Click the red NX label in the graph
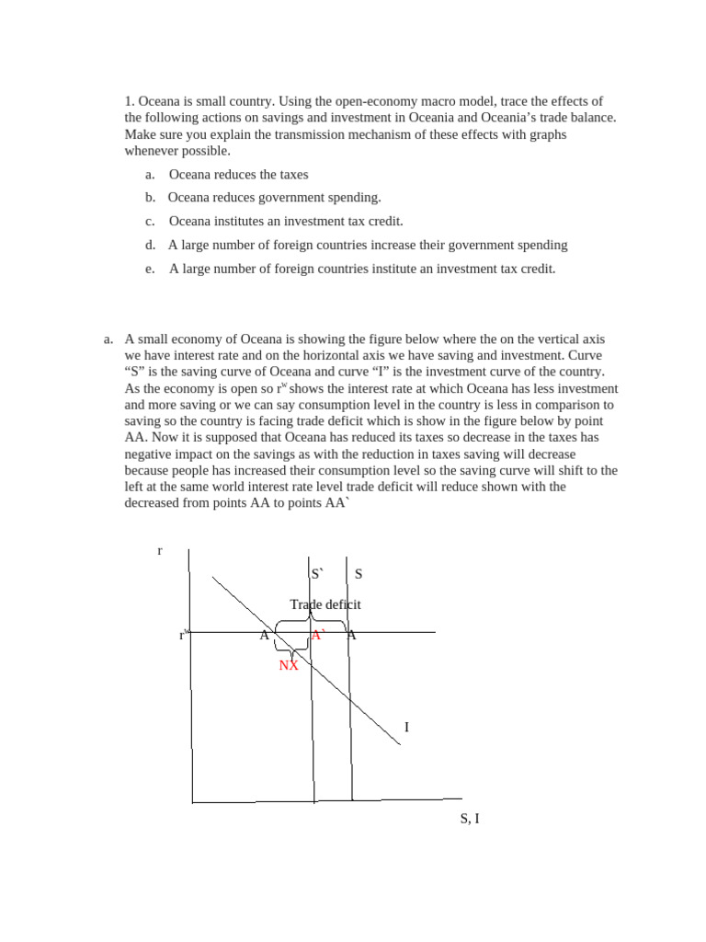click(289, 665)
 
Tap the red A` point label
click(318, 635)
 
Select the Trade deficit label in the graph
click(325, 604)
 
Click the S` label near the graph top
click(318, 574)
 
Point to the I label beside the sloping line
click(406, 728)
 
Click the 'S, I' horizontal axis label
click(470, 818)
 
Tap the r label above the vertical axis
click(160, 550)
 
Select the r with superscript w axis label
click(183, 635)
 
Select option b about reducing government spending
click(274, 198)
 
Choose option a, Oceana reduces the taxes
click(238, 174)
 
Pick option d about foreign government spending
click(368, 245)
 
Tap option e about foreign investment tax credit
click(362, 269)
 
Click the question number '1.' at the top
click(130, 101)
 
